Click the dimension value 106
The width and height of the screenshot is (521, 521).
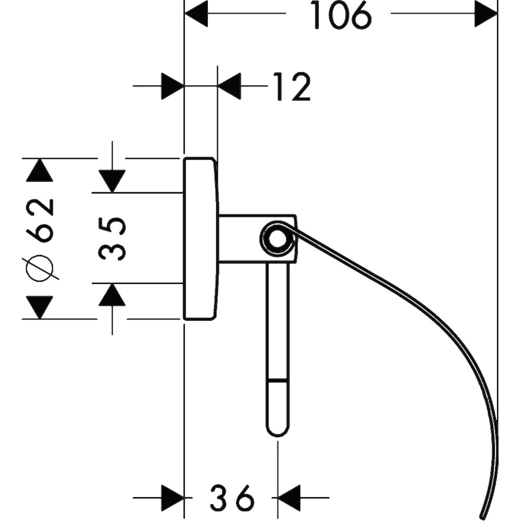coord(342,15)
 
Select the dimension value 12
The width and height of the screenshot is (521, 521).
coord(291,86)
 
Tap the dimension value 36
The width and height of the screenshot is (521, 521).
coord(232,498)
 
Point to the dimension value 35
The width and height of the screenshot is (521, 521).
coord(112,238)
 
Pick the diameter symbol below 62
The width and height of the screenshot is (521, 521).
coord(41,269)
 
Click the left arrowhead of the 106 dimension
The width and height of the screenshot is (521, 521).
coord(196,14)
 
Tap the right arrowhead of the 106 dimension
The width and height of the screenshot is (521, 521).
coord(486,14)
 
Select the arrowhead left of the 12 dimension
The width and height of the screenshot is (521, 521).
coord(172,86)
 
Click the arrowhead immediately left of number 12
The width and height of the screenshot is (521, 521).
coord(229,86)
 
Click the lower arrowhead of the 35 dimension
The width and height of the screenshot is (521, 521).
coord(112,294)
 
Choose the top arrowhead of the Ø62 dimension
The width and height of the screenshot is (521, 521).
coord(40,170)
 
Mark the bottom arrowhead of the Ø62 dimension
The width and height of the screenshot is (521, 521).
coord(40,307)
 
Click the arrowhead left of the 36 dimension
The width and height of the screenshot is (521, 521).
coord(172,498)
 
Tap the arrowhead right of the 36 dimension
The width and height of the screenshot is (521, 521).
coord(289,498)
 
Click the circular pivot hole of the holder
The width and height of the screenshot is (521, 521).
coord(277,239)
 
